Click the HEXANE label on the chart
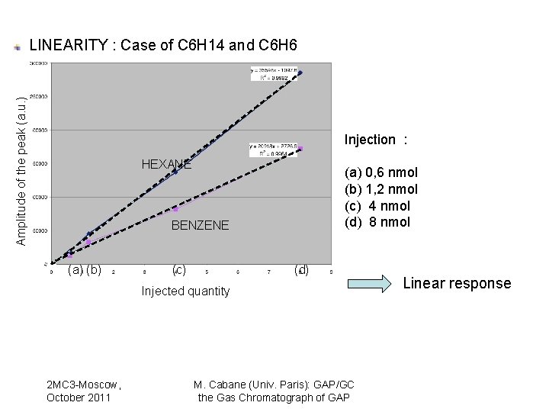click(166, 165)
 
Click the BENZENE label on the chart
click(200, 226)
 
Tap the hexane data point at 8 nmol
click(300, 73)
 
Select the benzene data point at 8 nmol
click(300, 148)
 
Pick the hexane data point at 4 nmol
click(175, 172)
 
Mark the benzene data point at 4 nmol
click(175, 208)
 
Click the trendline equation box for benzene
click(274, 149)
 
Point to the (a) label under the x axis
click(75, 269)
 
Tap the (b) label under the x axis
click(94, 269)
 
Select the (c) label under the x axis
click(178, 269)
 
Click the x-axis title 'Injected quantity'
click(185, 291)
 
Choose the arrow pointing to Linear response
click(373, 283)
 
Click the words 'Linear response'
click(457, 283)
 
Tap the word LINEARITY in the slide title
click(69, 46)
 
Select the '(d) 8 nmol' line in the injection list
click(378, 223)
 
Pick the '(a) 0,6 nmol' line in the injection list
click(381, 172)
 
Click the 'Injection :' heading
click(376, 140)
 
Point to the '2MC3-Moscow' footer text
click(84, 385)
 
